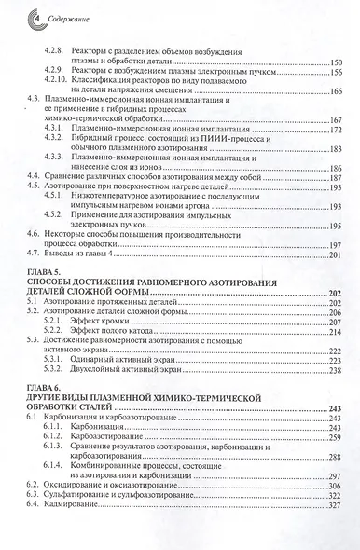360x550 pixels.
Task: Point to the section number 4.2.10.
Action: point(60,81)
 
